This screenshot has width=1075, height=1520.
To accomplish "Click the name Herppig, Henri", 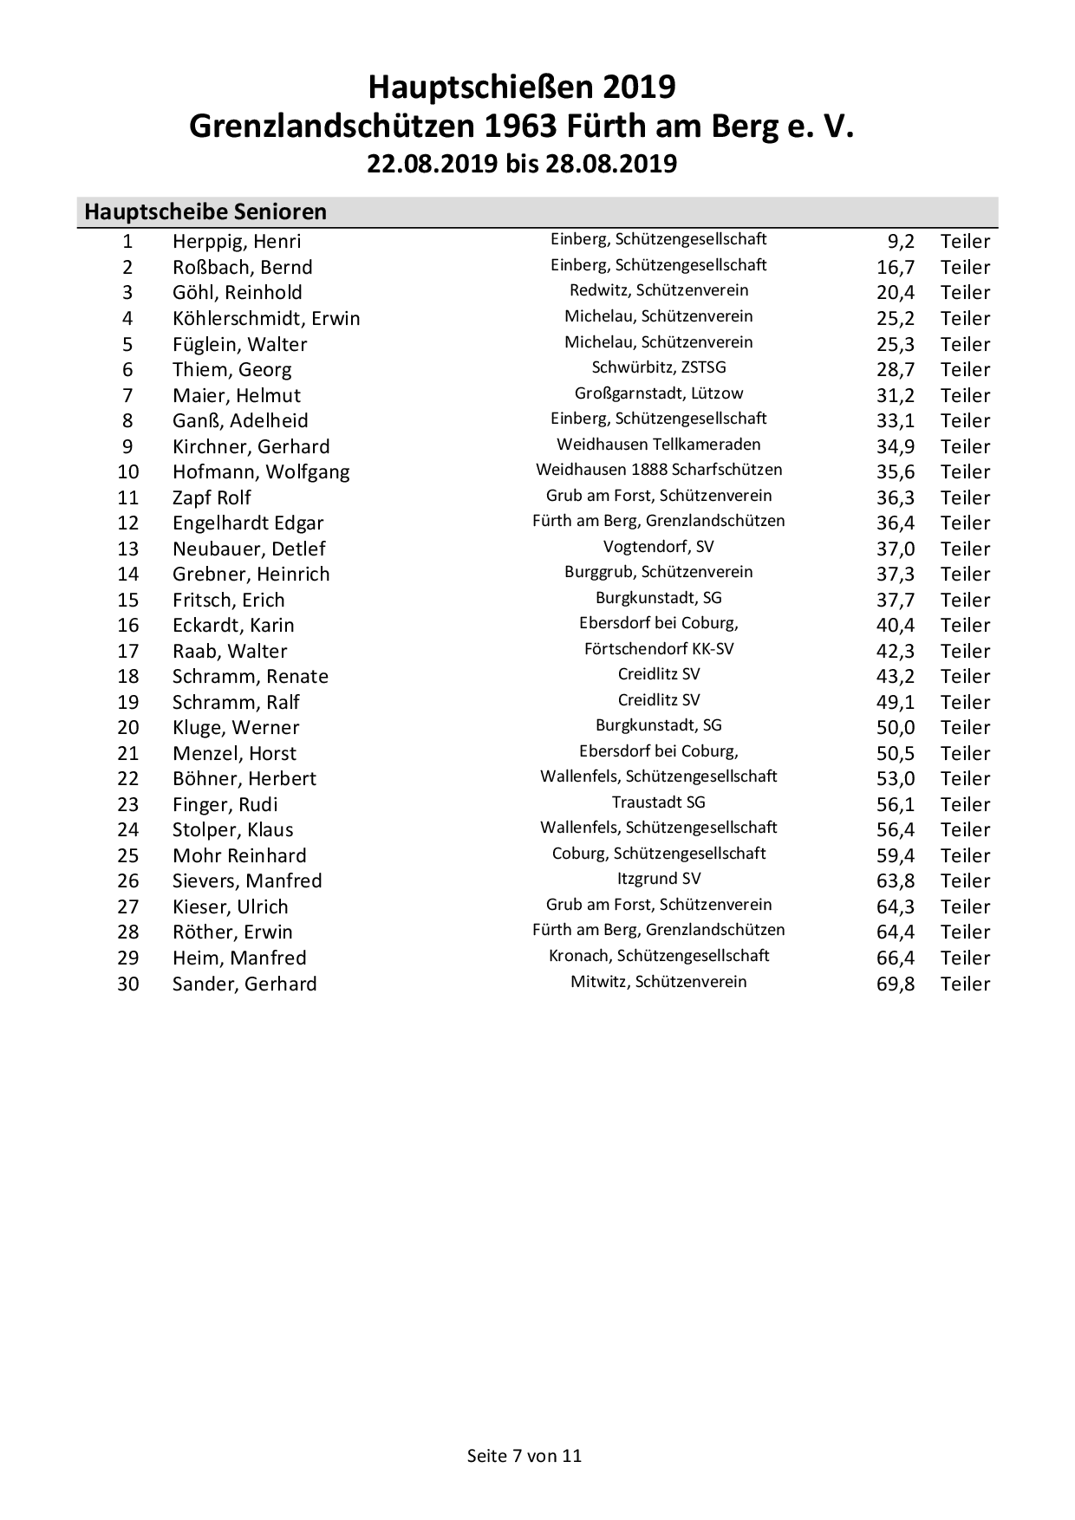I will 237,242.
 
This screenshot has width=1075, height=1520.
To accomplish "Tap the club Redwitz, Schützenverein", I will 659,290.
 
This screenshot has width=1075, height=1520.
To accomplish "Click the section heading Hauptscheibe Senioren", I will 205,211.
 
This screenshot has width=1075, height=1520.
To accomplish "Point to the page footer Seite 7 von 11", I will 524,1455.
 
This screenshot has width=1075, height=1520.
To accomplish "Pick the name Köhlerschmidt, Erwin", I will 266,319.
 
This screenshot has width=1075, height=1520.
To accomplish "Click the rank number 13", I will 128,549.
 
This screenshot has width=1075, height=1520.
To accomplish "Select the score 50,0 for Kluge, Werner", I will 896,728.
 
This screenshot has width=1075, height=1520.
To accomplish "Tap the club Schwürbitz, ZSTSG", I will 659,367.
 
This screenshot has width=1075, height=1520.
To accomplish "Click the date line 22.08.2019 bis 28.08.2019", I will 522,164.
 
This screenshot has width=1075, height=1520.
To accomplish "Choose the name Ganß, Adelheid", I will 240,421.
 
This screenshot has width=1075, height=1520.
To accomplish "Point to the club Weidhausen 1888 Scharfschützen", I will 659,470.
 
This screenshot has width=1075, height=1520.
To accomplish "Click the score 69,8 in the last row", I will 896,984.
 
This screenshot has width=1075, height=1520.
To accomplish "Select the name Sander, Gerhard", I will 244,984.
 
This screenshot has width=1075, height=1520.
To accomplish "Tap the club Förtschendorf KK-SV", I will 659,648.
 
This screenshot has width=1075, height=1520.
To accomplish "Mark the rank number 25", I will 128,855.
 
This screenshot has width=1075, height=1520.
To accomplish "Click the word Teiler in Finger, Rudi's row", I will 965,804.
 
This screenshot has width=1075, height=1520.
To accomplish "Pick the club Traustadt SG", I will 659,802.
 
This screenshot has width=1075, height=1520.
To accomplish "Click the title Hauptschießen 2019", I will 522,88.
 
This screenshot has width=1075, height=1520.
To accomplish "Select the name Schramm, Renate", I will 251,677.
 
